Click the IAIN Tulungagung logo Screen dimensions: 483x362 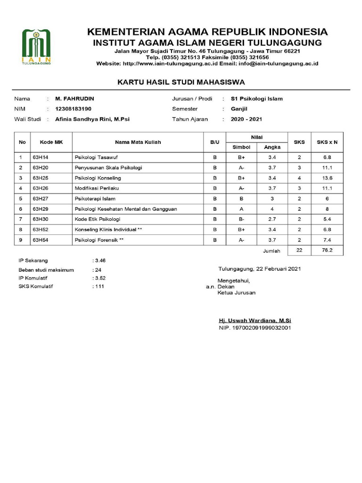point(36,47)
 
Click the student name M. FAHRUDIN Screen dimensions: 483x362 point(74,99)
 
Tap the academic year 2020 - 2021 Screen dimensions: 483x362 point(246,119)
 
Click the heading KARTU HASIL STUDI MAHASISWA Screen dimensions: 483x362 point(181,82)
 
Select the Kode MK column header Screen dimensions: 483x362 point(51,142)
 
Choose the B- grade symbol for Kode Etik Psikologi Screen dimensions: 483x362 point(241,219)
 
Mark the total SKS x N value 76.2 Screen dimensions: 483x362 point(327,250)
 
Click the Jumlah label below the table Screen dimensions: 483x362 point(271,251)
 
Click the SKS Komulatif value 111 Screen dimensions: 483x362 point(99,286)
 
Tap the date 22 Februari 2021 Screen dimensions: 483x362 point(277,269)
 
